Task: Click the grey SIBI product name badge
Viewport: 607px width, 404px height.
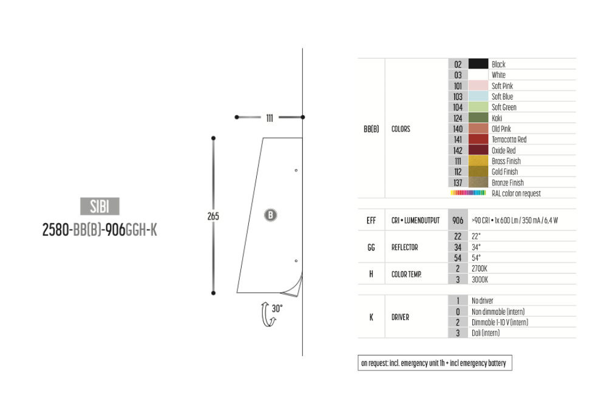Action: coord(100,206)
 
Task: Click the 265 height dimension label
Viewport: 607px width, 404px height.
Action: coord(213,217)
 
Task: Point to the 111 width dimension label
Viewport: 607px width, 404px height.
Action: coord(270,118)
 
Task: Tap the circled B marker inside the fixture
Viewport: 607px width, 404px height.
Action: coord(271,215)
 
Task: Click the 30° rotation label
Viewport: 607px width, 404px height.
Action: coord(277,308)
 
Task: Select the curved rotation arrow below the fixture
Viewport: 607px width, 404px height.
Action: coord(264,314)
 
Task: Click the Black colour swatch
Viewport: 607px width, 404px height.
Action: coord(478,64)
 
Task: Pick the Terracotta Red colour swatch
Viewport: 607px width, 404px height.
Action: coord(478,140)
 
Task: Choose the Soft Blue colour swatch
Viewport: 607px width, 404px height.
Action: coord(478,96)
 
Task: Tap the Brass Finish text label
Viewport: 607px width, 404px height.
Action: coord(506,161)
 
